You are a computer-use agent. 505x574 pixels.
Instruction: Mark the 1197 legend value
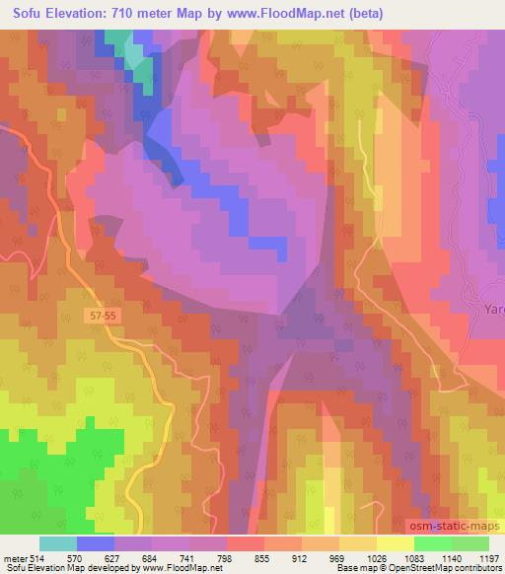click(x=487, y=557)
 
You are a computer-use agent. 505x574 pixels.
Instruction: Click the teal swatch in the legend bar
click(x=58, y=543)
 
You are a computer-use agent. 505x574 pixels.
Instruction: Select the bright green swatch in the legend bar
click(x=432, y=543)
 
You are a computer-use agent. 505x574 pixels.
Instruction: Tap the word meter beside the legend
click(x=14, y=557)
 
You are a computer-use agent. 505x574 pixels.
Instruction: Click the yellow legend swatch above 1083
click(x=396, y=543)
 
